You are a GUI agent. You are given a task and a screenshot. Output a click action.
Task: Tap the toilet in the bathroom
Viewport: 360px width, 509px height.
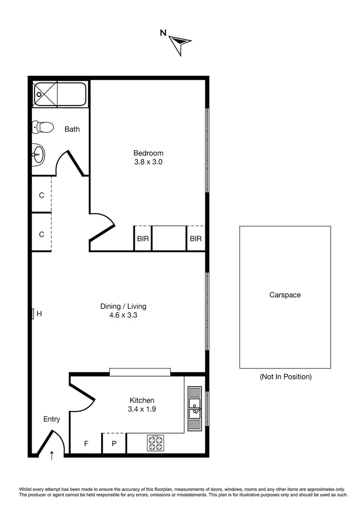[x=43, y=127]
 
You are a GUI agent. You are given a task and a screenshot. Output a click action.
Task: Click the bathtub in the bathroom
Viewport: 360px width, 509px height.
[x=60, y=95]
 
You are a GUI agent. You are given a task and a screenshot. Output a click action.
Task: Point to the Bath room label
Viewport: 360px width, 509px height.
[x=72, y=129]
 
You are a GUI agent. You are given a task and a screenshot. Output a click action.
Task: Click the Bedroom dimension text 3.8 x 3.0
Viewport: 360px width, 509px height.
[x=148, y=162]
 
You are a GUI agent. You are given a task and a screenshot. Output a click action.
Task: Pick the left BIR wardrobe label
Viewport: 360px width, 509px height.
[x=143, y=238]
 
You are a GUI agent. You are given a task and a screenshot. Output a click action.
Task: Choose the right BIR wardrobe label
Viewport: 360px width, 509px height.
[x=195, y=238]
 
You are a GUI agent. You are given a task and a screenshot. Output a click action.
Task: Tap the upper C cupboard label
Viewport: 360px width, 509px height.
[x=42, y=195]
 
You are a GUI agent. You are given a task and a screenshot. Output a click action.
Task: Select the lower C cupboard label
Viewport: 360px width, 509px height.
[x=42, y=235]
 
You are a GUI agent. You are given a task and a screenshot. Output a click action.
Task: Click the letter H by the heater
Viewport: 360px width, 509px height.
[x=40, y=314]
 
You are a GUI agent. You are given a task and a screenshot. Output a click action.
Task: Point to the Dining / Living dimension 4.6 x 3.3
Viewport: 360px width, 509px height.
[x=123, y=315]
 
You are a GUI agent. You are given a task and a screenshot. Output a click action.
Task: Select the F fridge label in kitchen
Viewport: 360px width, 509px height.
[x=86, y=444]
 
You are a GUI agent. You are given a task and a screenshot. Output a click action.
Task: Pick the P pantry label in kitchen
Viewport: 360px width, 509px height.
[x=114, y=444]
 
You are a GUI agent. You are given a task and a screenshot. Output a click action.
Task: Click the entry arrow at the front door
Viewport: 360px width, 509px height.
[x=52, y=454]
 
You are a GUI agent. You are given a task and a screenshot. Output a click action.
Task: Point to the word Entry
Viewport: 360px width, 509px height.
[x=52, y=419]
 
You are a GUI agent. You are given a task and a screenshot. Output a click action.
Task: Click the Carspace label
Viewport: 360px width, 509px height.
[x=285, y=295]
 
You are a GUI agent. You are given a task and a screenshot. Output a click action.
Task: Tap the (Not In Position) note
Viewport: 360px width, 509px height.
[x=285, y=377]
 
